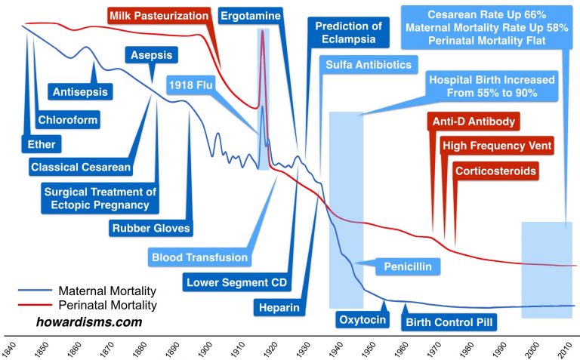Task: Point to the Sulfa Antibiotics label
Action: coord(368,65)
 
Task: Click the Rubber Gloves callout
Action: coord(151,227)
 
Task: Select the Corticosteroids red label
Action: coord(496,171)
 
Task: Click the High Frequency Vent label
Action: coord(497,146)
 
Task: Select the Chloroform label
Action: coord(68,118)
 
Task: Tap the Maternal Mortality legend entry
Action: coord(102,291)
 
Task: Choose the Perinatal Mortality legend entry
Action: coord(102,306)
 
